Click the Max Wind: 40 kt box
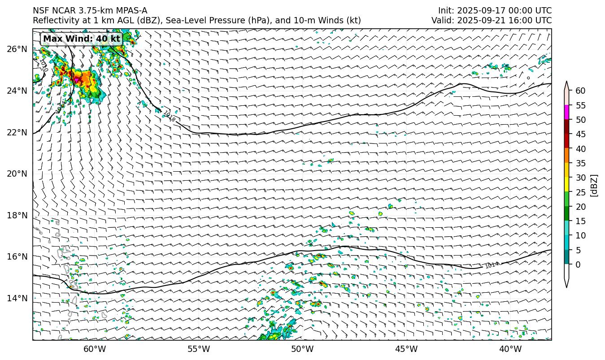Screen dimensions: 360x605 [82, 39]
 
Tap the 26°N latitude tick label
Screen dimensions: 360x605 [17, 49]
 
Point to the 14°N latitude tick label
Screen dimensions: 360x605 [17, 298]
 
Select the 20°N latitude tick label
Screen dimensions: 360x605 [17, 174]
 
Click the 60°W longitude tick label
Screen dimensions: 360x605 [95, 349]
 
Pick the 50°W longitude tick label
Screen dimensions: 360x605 [302, 349]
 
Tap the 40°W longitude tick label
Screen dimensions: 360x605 [510, 349]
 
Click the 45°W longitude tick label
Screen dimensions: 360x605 [406, 349]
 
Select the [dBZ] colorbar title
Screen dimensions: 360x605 [594, 185]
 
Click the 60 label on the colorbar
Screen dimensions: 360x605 [581, 91]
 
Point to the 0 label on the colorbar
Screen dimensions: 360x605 [578, 265]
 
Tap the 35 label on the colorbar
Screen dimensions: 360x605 [581, 163]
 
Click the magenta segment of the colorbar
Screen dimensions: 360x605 [567, 113]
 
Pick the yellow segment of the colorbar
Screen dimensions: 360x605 [567, 185]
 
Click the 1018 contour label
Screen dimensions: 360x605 [169, 117]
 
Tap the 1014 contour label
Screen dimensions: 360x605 [492, 265]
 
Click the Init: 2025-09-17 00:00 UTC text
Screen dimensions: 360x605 [495, 11]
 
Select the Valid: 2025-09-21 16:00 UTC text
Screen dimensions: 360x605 [492, 21]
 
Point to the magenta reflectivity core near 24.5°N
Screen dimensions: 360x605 [77, 79]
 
